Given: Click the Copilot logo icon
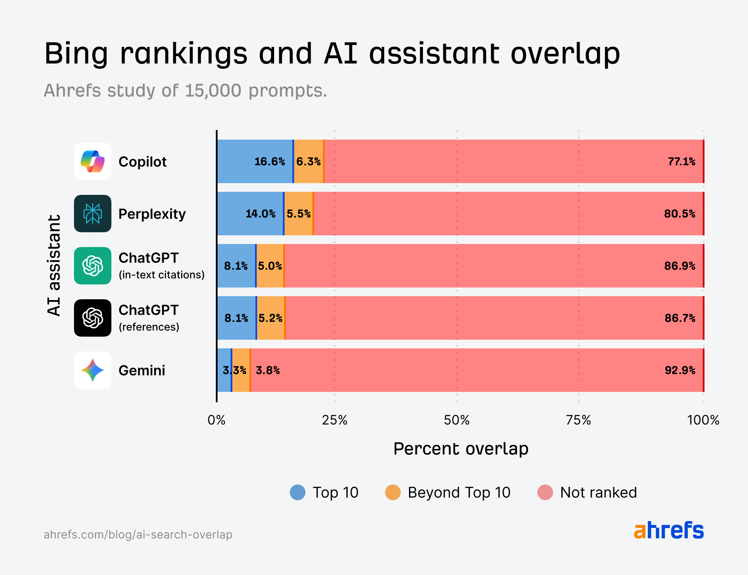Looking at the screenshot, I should tap(93, 161).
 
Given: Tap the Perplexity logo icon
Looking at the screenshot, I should tap(93, 214).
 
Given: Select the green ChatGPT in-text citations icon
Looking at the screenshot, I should tap(93, 266).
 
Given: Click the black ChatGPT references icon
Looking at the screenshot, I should tap(93, 318).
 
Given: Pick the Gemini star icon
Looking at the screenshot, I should tap(93, 370).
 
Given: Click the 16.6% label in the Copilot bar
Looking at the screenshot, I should tap(269, 162).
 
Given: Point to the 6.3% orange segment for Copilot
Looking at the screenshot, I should tap(309, 162).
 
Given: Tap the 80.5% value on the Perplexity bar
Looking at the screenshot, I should tap(679, 214).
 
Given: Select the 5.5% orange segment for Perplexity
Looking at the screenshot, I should tap(299, 214).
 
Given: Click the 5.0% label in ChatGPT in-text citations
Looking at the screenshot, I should tap(270, 266).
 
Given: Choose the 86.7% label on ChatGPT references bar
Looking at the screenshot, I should tap(680, 318).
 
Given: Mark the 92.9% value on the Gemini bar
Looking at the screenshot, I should tap(680, 371).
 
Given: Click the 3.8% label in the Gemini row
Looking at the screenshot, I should tap(268, 371).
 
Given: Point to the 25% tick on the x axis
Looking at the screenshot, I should tap(334, 420).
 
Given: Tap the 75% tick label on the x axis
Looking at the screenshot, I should tap(578, 420).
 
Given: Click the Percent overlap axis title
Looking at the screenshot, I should tap(460, 449).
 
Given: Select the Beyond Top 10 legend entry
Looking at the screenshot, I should tap(448, 492).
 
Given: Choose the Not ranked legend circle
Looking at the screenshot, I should tap(545, 492).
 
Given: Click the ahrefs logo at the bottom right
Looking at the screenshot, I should tap(668, 531).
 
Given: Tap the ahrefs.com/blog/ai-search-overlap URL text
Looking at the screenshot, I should tap(138, 535).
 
